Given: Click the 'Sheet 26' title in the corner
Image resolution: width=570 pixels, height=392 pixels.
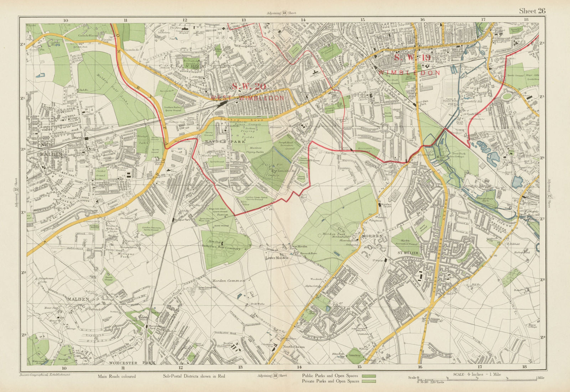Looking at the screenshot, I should pos(532,11).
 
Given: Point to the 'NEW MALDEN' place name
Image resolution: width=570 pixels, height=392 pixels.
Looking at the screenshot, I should pos(50,150).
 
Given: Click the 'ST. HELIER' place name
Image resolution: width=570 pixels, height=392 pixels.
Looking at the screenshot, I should pos(408,252).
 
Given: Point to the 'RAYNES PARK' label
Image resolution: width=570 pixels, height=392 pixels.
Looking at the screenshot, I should pos(219,141).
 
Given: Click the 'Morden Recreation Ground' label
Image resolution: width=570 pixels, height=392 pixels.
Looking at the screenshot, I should pos(408,242).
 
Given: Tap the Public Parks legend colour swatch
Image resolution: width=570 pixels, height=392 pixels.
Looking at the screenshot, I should pos(369,376).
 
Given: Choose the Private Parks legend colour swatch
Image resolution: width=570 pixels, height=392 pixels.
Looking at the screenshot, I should pos(369,381).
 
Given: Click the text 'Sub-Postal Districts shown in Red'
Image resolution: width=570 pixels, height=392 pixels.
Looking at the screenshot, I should pos(194,376).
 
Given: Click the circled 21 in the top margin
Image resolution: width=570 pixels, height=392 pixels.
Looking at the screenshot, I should pos(284,13).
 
